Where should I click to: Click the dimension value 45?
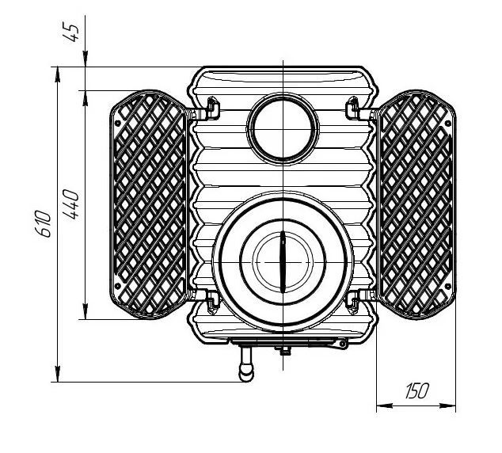click(70, 32)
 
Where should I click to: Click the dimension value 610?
click(44, 223)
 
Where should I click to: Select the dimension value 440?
click(70, 204)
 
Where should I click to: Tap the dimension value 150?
click(416, 390)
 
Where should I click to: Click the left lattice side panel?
click(148, 204)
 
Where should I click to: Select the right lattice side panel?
click(416, 204)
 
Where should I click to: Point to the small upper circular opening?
click(283, 129)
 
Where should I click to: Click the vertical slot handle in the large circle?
click(283, 261)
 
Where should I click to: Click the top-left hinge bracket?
click(212, 108)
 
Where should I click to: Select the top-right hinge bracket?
click(353, 108)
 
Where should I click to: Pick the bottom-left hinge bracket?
click(212, 302)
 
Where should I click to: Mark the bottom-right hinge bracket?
click(353, 302)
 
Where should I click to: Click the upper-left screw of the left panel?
click(117, 123)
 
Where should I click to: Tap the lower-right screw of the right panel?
click(448, 286)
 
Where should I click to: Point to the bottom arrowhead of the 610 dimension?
click(57, 374)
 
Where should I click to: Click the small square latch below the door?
click(284, 352)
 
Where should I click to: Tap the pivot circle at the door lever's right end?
click(343, 345)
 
